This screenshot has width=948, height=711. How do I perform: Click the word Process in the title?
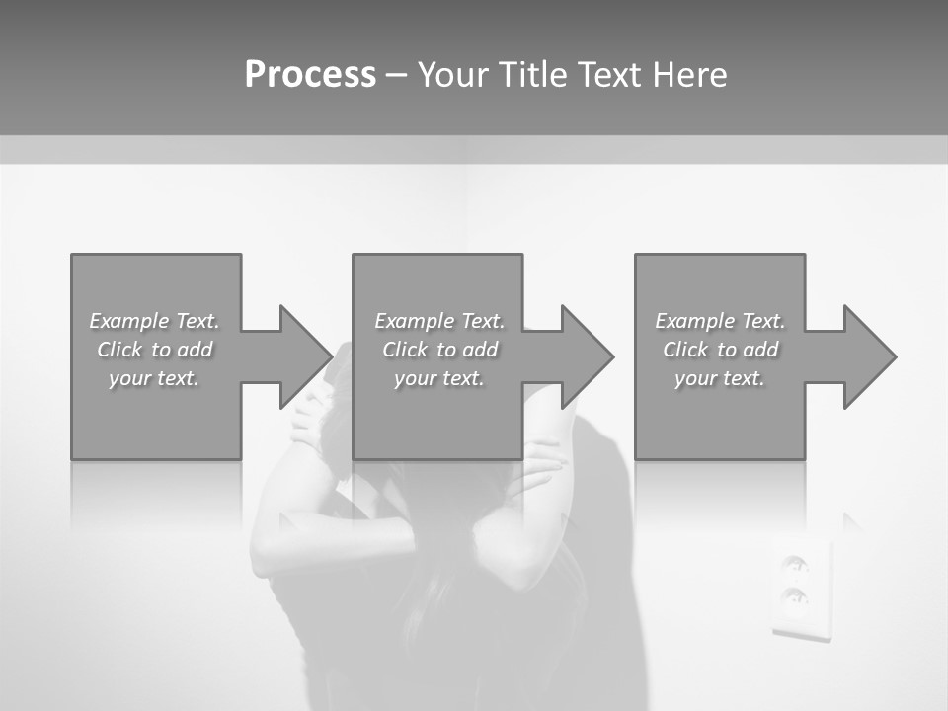point(310,74)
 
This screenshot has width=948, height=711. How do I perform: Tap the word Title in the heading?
point(528,74)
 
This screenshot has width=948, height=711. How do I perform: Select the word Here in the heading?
point(690,74)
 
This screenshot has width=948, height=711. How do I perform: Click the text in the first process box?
point(155,350)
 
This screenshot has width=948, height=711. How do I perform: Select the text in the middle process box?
point(439,350)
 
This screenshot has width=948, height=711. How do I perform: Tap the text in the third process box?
point(720,350)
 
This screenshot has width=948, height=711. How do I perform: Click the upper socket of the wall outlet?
point(794,564)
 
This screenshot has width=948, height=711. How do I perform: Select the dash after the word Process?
point(395,75)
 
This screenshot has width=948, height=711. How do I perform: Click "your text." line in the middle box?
point(439,378)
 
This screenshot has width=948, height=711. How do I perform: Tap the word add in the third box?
point(760,350)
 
